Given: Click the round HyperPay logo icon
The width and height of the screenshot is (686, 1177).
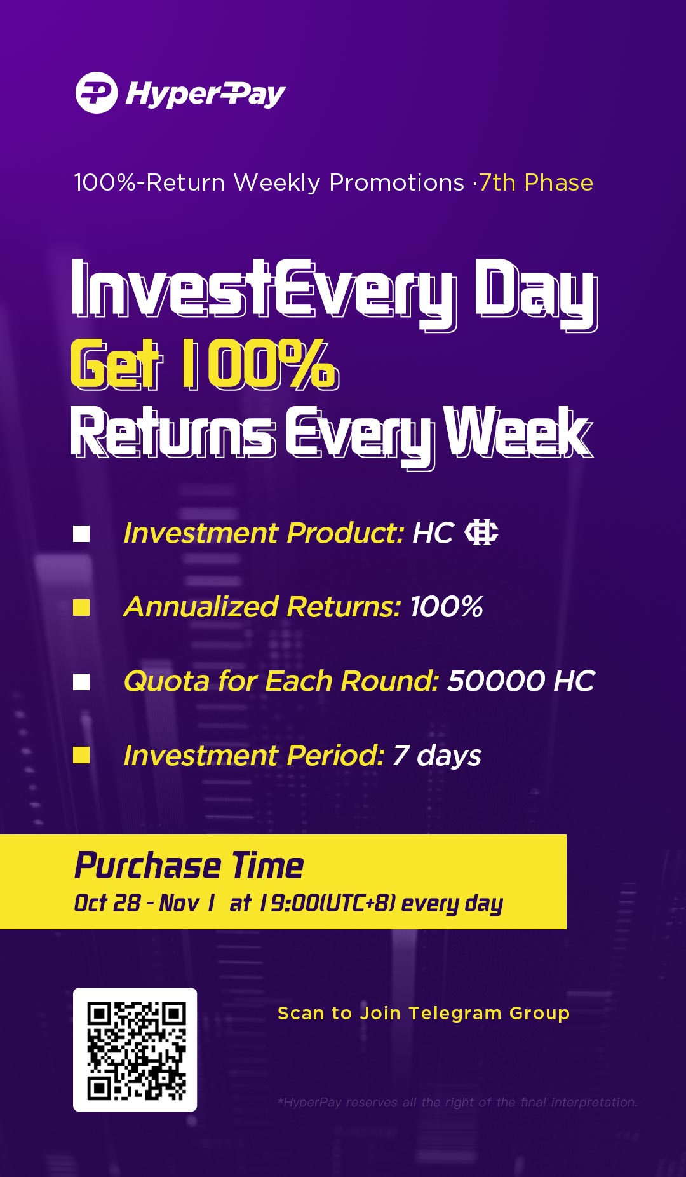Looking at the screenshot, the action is (97, 93).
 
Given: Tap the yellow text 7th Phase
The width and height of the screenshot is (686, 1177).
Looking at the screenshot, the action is (536, 183).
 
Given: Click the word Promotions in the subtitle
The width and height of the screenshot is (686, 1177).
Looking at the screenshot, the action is (396, 183).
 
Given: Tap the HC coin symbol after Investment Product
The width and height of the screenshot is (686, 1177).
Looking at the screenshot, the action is (481, 533).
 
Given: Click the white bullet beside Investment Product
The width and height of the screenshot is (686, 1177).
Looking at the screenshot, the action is (81, 534).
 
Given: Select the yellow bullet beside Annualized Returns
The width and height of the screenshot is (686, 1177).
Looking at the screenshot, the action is (81, 608).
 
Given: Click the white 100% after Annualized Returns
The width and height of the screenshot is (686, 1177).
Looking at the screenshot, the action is (447, 607).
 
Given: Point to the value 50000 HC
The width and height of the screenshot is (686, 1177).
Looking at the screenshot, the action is (521, 681).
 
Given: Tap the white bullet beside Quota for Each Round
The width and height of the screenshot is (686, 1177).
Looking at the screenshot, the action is (81, 682).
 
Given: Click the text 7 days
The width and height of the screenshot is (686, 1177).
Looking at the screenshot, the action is (437, 756).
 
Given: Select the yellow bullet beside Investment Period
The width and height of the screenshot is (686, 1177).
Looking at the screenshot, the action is (81, 755).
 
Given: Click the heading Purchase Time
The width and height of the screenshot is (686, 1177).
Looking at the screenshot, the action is (189, 866).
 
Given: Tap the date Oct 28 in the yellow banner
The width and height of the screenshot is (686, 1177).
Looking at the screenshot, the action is (107, 902).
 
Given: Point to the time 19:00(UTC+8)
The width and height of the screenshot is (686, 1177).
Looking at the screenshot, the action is (328, 903).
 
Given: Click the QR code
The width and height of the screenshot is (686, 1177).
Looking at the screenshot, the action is (135, 1050).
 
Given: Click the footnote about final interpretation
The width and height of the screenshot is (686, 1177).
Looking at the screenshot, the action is (457, 1103).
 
